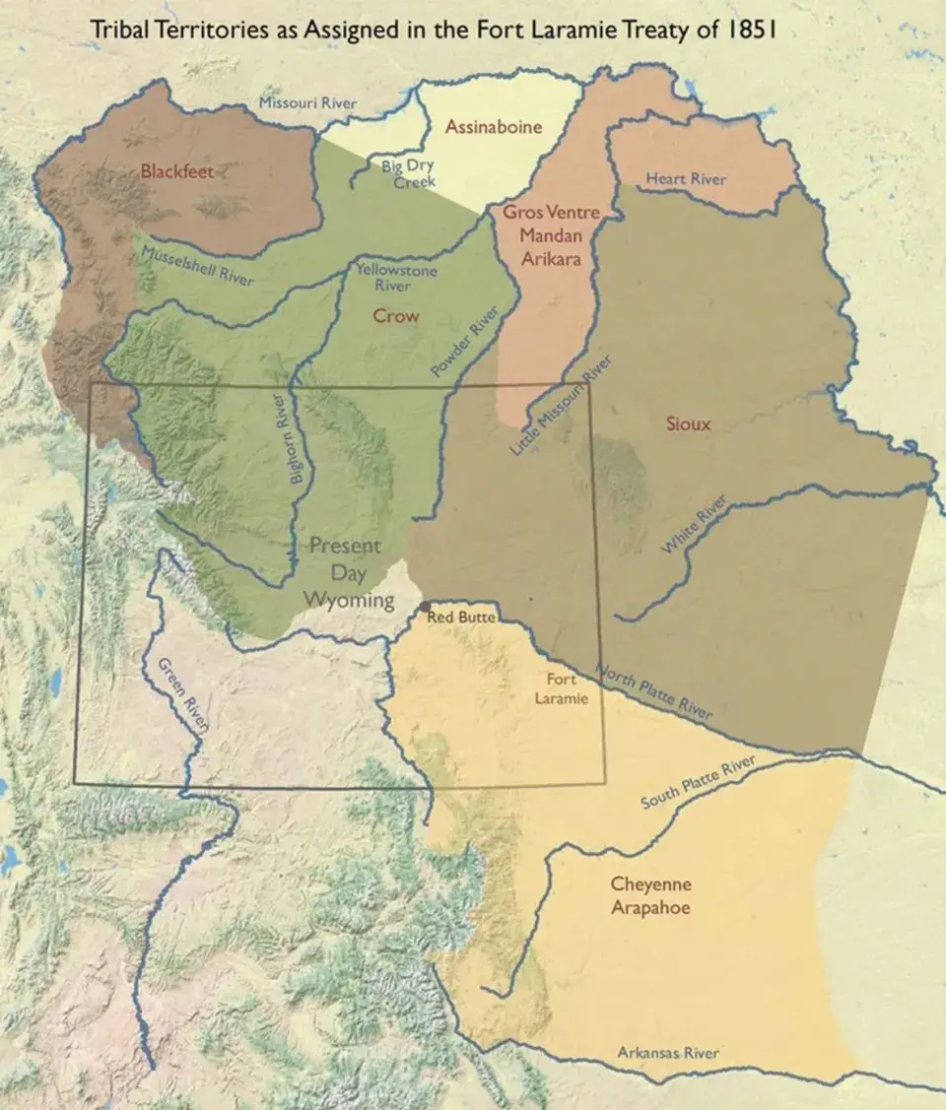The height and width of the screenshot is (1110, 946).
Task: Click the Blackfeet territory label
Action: pos(176,170)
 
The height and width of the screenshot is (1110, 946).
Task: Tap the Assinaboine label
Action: pos(493,127)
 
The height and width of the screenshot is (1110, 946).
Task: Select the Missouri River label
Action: pos(307,103)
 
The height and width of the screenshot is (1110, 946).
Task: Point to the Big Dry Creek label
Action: pos(408,174)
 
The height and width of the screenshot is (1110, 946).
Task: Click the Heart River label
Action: pos(686,178)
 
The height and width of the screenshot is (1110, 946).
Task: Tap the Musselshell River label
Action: pos(197,267)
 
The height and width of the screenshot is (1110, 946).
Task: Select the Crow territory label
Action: pos(395,316)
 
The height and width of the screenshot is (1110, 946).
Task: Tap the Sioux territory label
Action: pos(688,424)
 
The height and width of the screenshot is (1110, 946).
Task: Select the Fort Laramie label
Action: pos(562,688)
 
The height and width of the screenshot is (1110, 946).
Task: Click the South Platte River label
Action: pos(697,784)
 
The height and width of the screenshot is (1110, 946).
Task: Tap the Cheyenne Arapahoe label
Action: pos(649,895)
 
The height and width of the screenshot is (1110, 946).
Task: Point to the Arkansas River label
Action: pos(667,1053)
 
